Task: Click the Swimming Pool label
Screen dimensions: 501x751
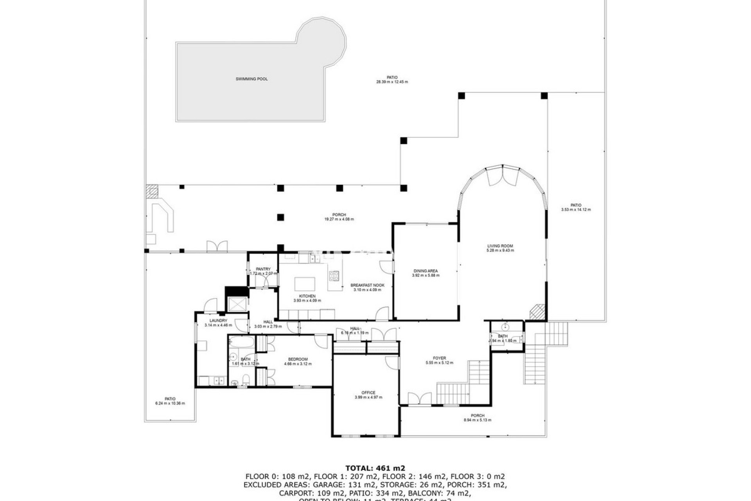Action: (252, 79)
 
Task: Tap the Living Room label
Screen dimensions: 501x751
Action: (500, 246)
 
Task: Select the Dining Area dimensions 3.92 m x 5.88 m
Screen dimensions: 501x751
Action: (426, 276)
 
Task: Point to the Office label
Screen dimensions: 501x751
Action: (368, 393)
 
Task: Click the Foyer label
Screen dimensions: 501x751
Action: (439, 358)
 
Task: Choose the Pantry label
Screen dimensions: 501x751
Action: (263, 269)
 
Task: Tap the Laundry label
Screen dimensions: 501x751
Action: (218, 321)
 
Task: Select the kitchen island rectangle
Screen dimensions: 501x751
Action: (305, 283)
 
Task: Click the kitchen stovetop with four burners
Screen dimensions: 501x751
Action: (334, 276)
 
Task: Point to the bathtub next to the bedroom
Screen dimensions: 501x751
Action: (241, 343)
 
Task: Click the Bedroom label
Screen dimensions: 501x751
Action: (298, 359)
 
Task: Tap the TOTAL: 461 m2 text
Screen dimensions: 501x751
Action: (375, 468)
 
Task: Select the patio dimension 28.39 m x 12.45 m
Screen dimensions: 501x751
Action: (392, 82)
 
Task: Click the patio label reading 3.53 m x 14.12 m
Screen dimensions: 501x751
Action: (575, 210)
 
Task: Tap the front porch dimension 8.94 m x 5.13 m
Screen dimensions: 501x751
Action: (477, 420)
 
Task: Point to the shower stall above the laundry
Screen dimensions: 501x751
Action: (236, 304)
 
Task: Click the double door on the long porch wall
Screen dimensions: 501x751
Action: (217, 247)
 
